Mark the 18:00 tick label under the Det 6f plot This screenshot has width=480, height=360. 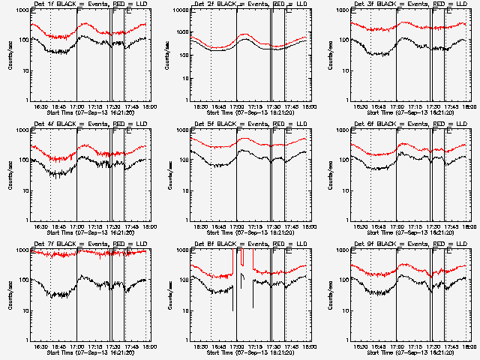pos(469,227)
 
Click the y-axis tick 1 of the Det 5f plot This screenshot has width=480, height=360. pos(187,220)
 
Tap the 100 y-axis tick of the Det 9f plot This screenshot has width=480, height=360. pos(344,280)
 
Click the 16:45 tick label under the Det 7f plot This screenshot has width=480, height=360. pos(59,347)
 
